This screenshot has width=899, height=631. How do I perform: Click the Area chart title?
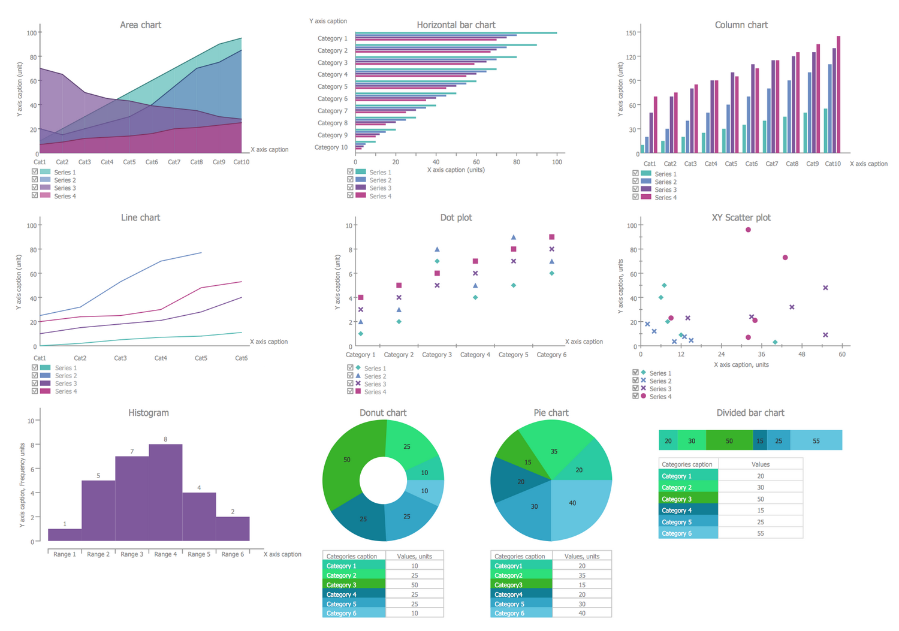pyautogui.click(x=140, y=25)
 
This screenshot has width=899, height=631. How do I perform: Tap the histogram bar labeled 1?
pyautogui.click(x=65, y=535)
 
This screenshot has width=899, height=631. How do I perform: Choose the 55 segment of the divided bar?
pyautogui.click(x=816, y=440)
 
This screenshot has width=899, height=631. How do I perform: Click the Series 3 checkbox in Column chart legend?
pyautogui.click(x=635, y=189)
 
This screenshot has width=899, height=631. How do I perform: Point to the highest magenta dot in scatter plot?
pyautogui.click(x=748, y=230)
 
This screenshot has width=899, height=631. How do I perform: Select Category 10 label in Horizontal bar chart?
pyautogui.click(x=331, y=147)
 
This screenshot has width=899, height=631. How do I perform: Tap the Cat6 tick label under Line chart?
pyautogui.click(x=241, y=358)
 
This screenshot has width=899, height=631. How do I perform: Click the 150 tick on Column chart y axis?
pyautogui.click(x=630, y=33)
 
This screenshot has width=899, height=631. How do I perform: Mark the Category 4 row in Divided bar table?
pyautogui.click(x=688, y=511)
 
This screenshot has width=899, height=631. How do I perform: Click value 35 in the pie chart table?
pyautogui.click(x=581, y=575)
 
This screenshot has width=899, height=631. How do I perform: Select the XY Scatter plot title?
pyautogui.click(x=741, y=218)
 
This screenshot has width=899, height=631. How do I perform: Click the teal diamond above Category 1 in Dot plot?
pyautogui.click(x=360, y=334)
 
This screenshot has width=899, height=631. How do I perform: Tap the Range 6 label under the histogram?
pyautogui.click(x=233, y=554)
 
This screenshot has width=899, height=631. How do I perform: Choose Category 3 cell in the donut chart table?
pyautogui.click(x=354, y=585)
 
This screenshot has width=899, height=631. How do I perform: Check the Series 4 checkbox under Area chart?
pyautogui.click(x=35, y=195)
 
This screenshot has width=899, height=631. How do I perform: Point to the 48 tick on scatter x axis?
pyautogui.click(x=802, y=354)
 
